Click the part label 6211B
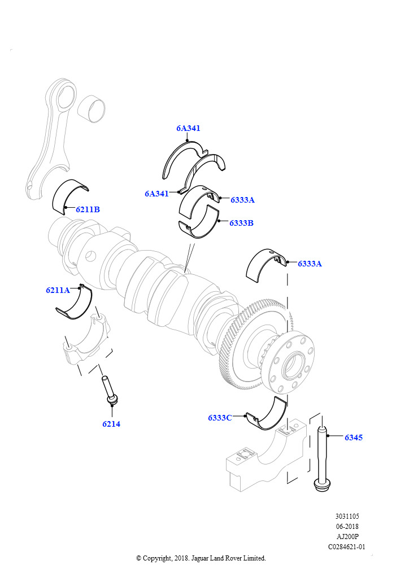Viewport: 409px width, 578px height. pyautogui.click(x=88, y=209)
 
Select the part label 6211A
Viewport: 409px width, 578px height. pyautogui.click(x=58, y=290)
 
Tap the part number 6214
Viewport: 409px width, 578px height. pyautogui.click(x=111, y=424)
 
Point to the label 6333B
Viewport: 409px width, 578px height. pyautogui.click(x=241, y=223)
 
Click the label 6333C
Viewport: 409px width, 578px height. pyautogui.click(x=220, y=418)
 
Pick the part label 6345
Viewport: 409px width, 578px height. pyautogui.click(x=354, y=437)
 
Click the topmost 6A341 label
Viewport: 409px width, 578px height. pyautogui.click(x=188, y=128)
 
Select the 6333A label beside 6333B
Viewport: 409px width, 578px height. pyautogui.click(x=242, y=200)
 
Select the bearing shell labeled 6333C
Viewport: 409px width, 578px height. pyautogui.click(x=268, y=416)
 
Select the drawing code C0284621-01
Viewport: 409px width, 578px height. pyautogui.click(x=347, y=546)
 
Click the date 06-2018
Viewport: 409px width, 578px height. pyautogui.click(x=347, y=526)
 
